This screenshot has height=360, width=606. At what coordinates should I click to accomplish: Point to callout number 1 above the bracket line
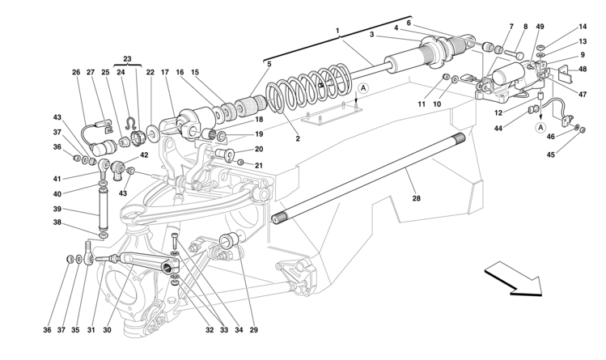click(337, 31)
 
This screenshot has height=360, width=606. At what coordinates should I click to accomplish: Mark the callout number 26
click(77, 72)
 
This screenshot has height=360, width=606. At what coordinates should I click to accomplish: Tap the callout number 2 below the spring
click(297, 138)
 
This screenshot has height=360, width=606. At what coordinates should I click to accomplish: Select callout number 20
click(259, 149)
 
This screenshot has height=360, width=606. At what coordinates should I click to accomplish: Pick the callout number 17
click(164, 72)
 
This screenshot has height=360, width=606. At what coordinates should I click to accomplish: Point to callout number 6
click(409, 23)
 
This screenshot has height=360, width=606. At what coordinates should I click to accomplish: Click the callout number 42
click(144, 155)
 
